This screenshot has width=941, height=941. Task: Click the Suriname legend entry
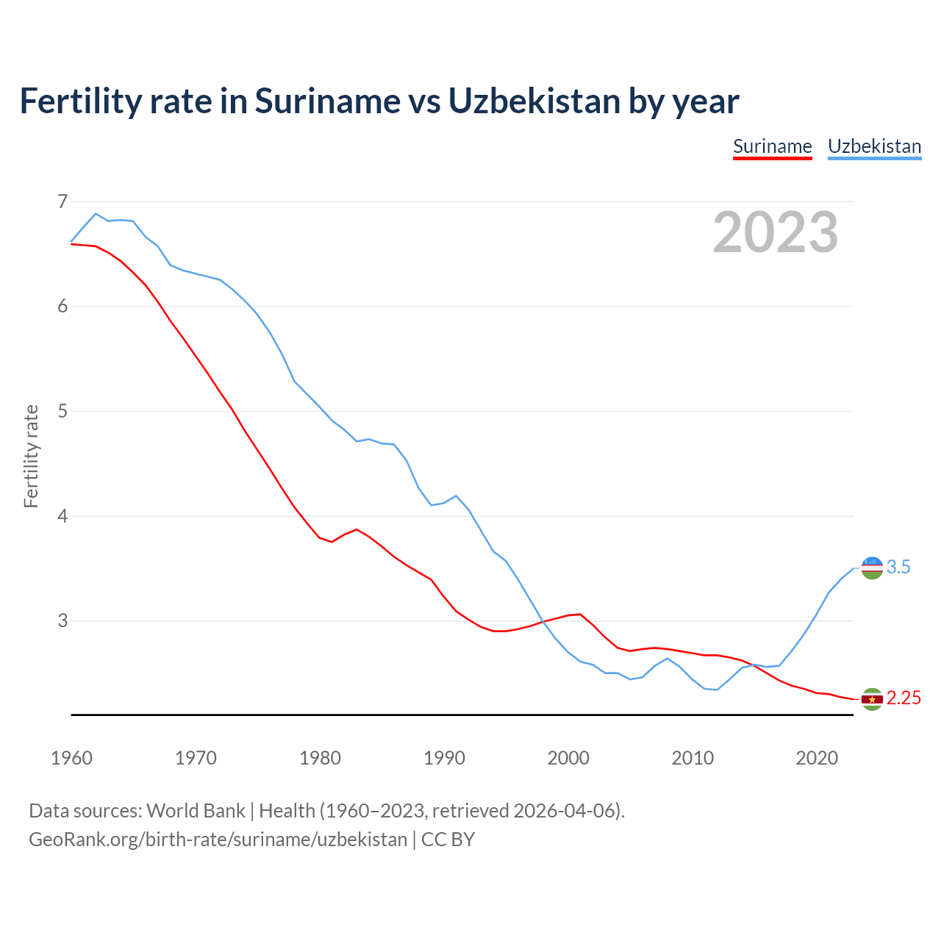click(772, 146)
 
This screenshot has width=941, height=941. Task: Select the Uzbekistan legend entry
click(874, 146)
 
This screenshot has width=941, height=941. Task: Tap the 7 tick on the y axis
click(62, 201)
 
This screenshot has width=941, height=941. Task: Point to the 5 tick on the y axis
click(62, 411)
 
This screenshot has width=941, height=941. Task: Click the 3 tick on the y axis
click(62, 621)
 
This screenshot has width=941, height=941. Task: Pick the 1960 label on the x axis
click(71, 758)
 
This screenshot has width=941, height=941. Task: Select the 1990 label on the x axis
click(444, 758)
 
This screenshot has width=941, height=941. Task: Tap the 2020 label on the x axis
click(817, 758)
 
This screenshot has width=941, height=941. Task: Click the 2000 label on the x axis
click(568, 758)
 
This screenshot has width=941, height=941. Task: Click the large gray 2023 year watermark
click(776, 232)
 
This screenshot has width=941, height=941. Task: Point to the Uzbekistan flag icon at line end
click(872, 568)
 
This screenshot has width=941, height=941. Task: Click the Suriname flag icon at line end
click(872, 699)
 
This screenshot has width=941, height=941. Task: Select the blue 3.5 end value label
click(898, 568)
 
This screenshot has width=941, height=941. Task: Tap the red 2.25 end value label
click(904, 698)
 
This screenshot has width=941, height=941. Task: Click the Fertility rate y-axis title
click(31, 456)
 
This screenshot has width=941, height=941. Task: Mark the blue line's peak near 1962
click(96, 214)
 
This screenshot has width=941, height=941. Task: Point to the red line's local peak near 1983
click(357, 529)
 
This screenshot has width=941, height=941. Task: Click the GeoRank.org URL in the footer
click(218, 840)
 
